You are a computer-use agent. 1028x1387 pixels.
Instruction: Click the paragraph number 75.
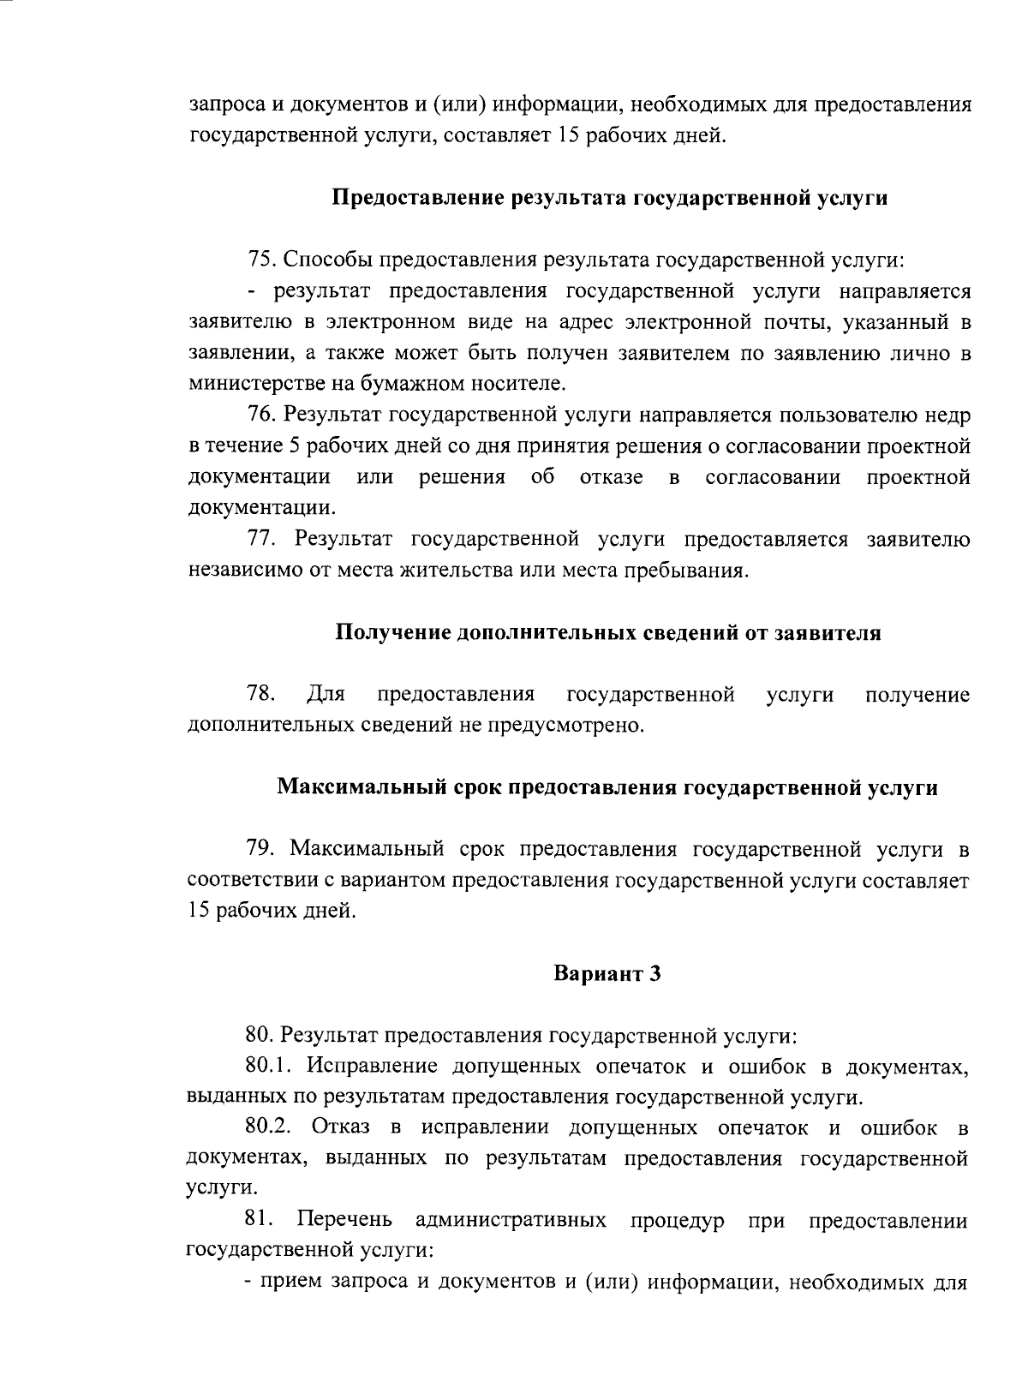coord(260,259)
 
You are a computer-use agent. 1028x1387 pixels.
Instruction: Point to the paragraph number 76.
coord(260,416)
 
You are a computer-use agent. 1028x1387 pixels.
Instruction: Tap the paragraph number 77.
coord(260,539)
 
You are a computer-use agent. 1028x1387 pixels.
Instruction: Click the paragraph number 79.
coord(260,848)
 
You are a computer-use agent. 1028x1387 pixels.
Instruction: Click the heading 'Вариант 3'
coord(607,974)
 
